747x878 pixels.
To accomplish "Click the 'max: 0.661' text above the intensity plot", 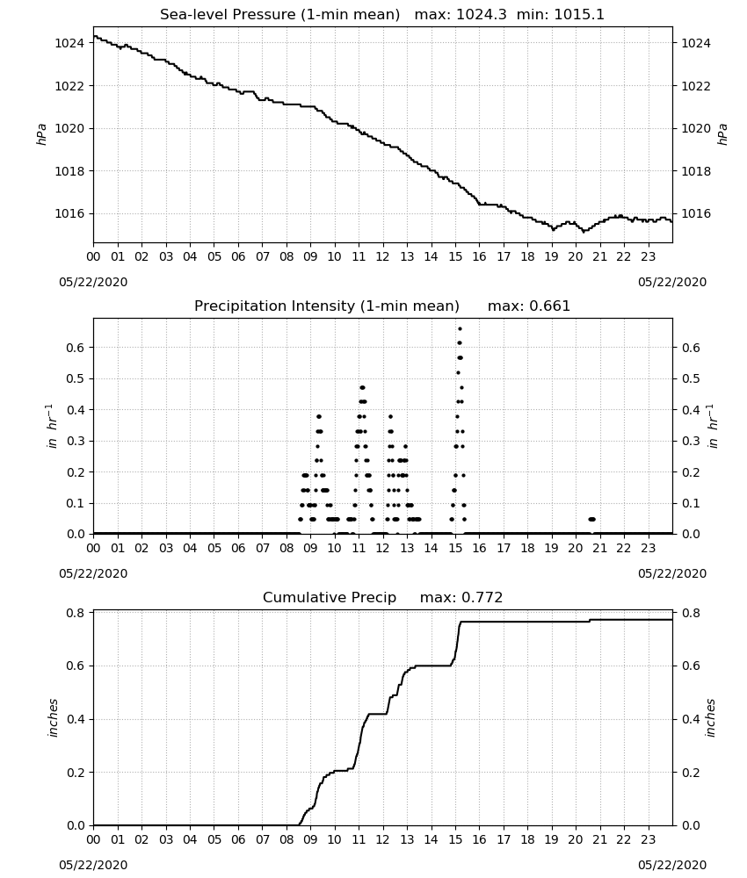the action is (528, 306).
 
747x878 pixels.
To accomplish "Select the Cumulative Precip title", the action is (330, 597).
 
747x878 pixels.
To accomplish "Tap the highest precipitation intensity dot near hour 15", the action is (461, 329).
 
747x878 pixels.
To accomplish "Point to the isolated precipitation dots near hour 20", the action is (592, 520).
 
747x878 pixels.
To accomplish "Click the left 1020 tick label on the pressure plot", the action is (69, 128).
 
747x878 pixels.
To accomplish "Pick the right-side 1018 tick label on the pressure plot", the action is (695, 171).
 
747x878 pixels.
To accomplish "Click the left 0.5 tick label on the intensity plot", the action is (75, 378).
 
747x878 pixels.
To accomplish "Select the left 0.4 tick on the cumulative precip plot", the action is (75, 719).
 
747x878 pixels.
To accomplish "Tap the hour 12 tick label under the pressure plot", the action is (383, 256).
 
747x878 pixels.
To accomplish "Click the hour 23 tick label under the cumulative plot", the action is (649, 839).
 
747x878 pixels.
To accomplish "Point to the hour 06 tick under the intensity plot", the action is (238, 548).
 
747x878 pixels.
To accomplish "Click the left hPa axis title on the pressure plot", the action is (41, 134).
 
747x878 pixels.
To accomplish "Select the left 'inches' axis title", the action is (53, 718).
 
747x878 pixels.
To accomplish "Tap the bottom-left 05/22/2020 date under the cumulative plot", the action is (93, 865).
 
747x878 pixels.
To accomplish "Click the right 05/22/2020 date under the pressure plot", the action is (672, 282).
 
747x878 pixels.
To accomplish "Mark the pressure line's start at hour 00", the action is (94, 36).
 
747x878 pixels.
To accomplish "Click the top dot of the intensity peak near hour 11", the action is (362, 387).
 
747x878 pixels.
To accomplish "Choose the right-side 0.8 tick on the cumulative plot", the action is (691, 613).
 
